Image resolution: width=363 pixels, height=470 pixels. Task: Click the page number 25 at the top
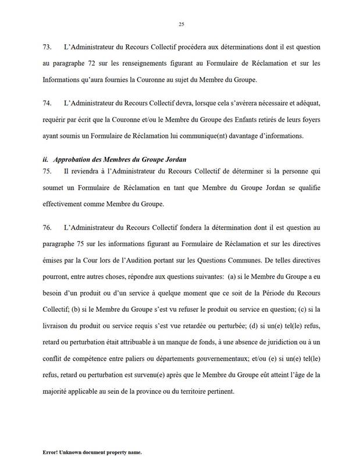tap(181, 24)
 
